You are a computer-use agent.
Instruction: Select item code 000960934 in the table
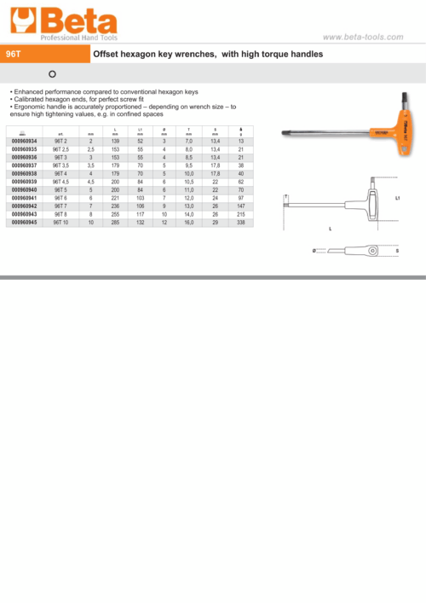click(24, 142)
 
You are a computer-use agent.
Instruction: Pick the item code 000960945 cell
click(24, 222)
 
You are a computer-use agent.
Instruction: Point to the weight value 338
click(241, 222)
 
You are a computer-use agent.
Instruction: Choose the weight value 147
click(241, 206)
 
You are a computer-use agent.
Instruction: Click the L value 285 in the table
click(114, 222)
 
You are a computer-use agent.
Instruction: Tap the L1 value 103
click(140, 198)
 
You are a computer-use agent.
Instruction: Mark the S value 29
click(216, 222)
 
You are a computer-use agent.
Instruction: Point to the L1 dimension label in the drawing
click(398, 198)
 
